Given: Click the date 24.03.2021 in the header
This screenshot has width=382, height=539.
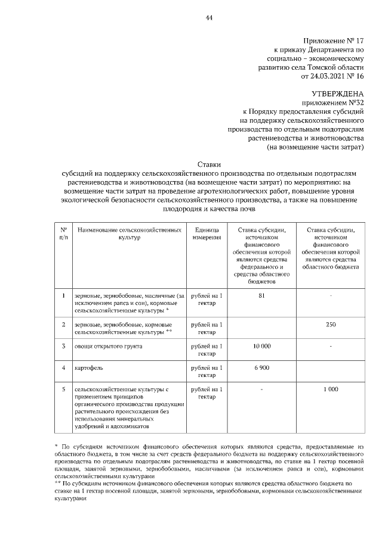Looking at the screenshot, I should [328, 76].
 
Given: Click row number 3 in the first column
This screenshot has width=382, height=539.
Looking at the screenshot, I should [63, 346].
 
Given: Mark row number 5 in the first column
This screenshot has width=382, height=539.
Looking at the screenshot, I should [63, 389].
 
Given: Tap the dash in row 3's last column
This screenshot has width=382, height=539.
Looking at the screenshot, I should [332, 346].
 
